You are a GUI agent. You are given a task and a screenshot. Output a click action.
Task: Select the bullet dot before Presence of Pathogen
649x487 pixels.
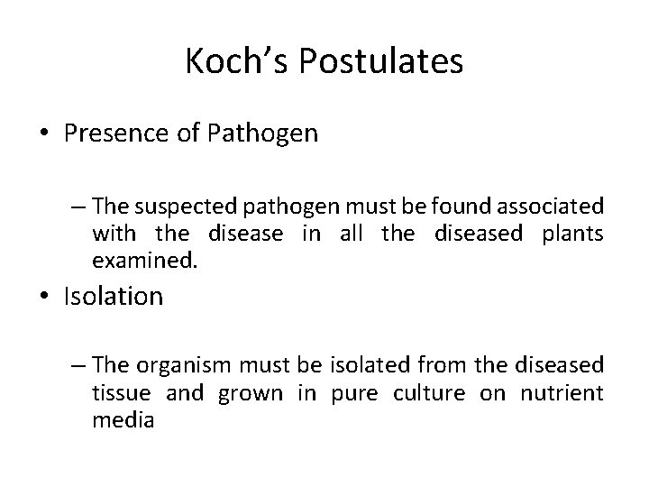click(x=43, y=134)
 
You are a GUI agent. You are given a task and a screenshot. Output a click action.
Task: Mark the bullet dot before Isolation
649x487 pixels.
click(x=43, y=297)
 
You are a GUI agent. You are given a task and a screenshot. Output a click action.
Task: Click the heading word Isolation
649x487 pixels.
click(x=114, y=297)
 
